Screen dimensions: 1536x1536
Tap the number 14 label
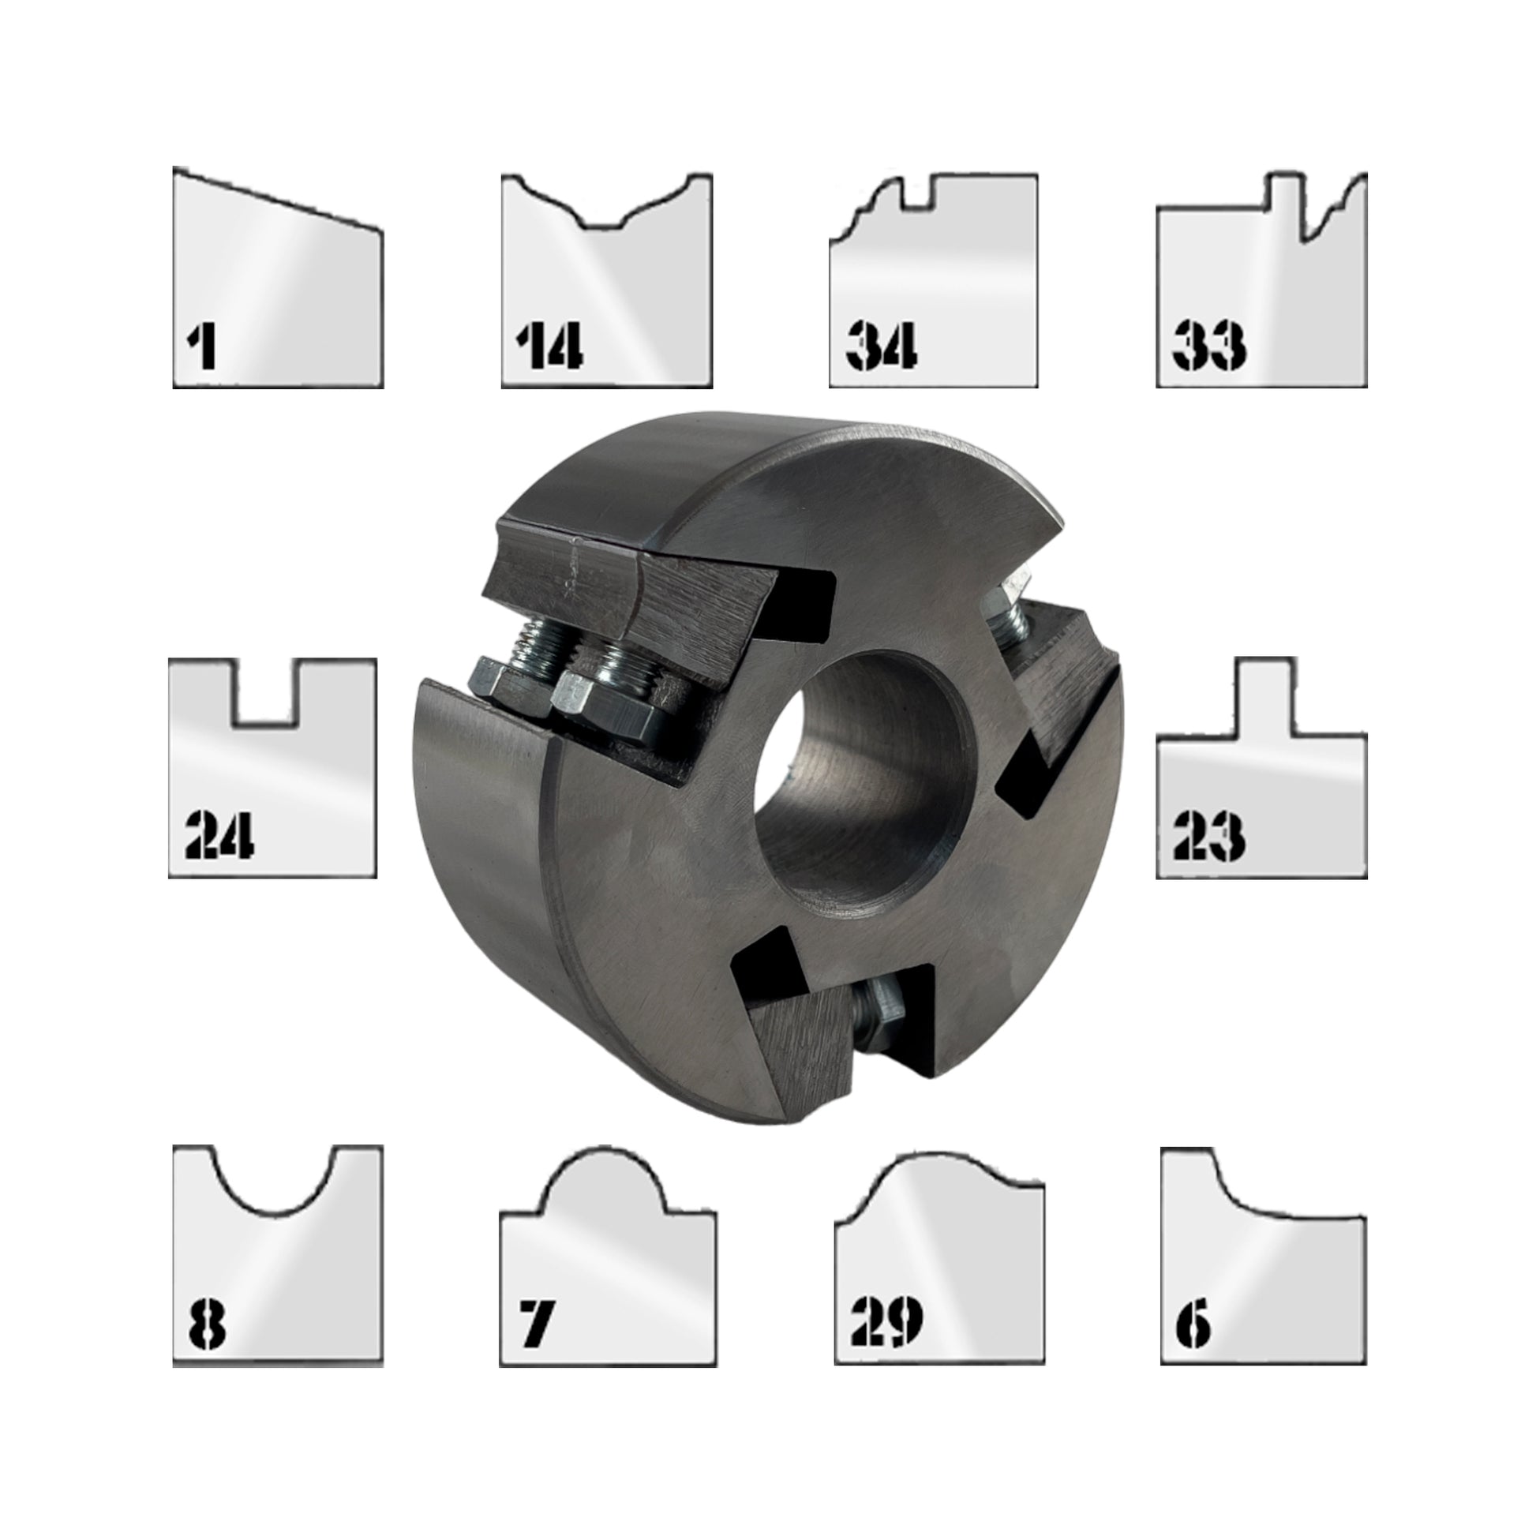tap(549, 346)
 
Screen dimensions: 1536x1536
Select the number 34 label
tap(882, 346)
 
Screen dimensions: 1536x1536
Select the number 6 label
tap(1193, 1324)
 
